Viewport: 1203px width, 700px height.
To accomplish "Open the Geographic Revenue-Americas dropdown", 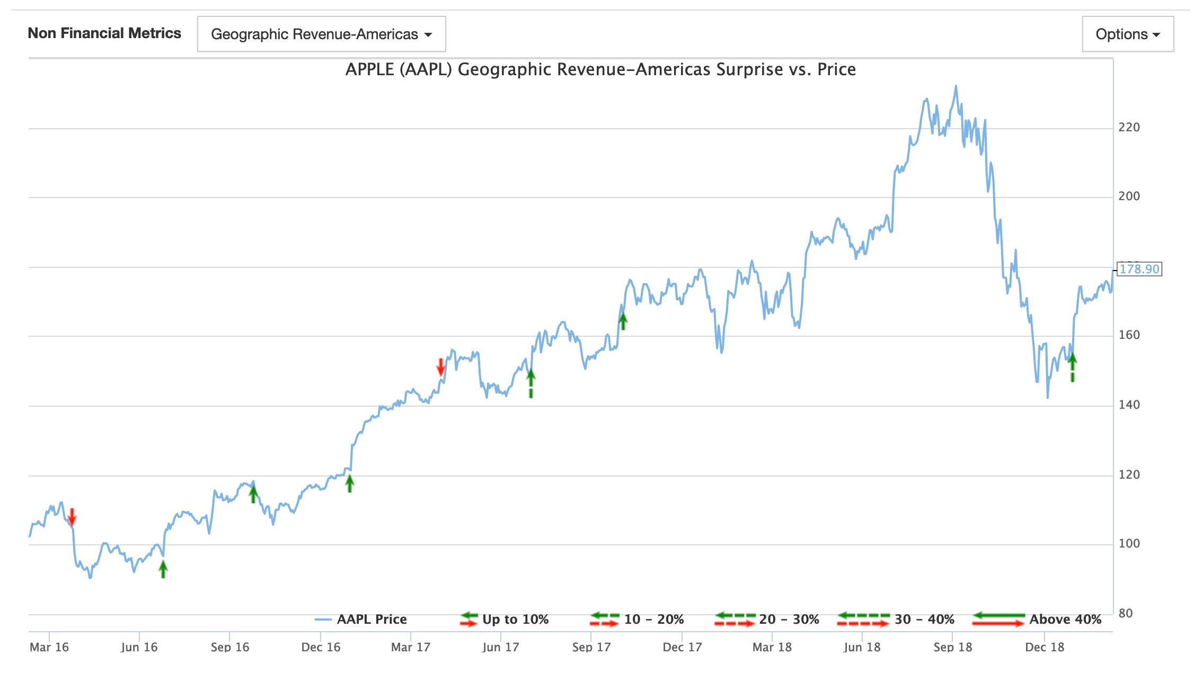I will [321, 34].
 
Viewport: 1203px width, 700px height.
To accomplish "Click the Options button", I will [1127, 34].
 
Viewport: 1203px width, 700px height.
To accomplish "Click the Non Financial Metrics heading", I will [104, 33].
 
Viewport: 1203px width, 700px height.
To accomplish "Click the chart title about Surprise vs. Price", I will [600, 69].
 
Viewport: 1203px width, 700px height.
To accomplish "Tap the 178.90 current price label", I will [1139, 269].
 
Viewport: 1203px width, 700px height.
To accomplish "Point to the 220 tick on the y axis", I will [1128, 127].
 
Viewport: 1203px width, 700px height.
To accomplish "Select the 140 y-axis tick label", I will [1128, 405].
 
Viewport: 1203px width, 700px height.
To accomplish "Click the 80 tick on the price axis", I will [1125, 613].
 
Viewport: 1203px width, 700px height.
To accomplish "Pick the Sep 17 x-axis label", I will [591, 647].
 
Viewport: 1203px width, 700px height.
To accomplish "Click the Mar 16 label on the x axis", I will [49, 647].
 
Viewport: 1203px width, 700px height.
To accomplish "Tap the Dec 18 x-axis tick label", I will [1044, 647].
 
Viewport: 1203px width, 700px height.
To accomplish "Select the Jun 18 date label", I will [862, 647].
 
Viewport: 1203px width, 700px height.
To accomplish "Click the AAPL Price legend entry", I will [371, 620].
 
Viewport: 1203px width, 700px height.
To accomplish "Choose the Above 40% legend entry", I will [1065, 620].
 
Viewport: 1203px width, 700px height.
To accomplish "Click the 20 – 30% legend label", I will [789, 620].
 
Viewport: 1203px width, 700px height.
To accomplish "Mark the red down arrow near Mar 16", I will [72, 517].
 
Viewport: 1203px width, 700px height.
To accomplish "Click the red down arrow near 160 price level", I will [440, 366].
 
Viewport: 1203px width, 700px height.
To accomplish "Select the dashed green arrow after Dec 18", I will [1072, 367].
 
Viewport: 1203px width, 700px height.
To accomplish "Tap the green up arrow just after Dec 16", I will [349, 483].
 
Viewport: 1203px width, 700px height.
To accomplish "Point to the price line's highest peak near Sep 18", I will [956, 86].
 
